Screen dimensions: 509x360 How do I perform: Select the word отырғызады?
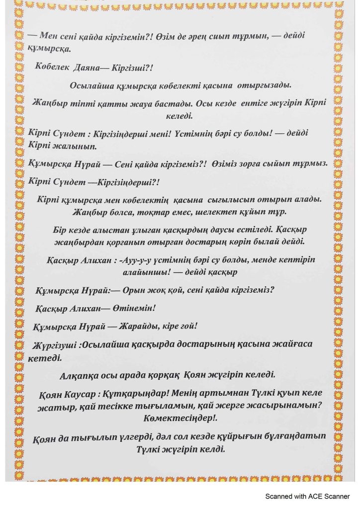pyautogui.click(x=267, y=85)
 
